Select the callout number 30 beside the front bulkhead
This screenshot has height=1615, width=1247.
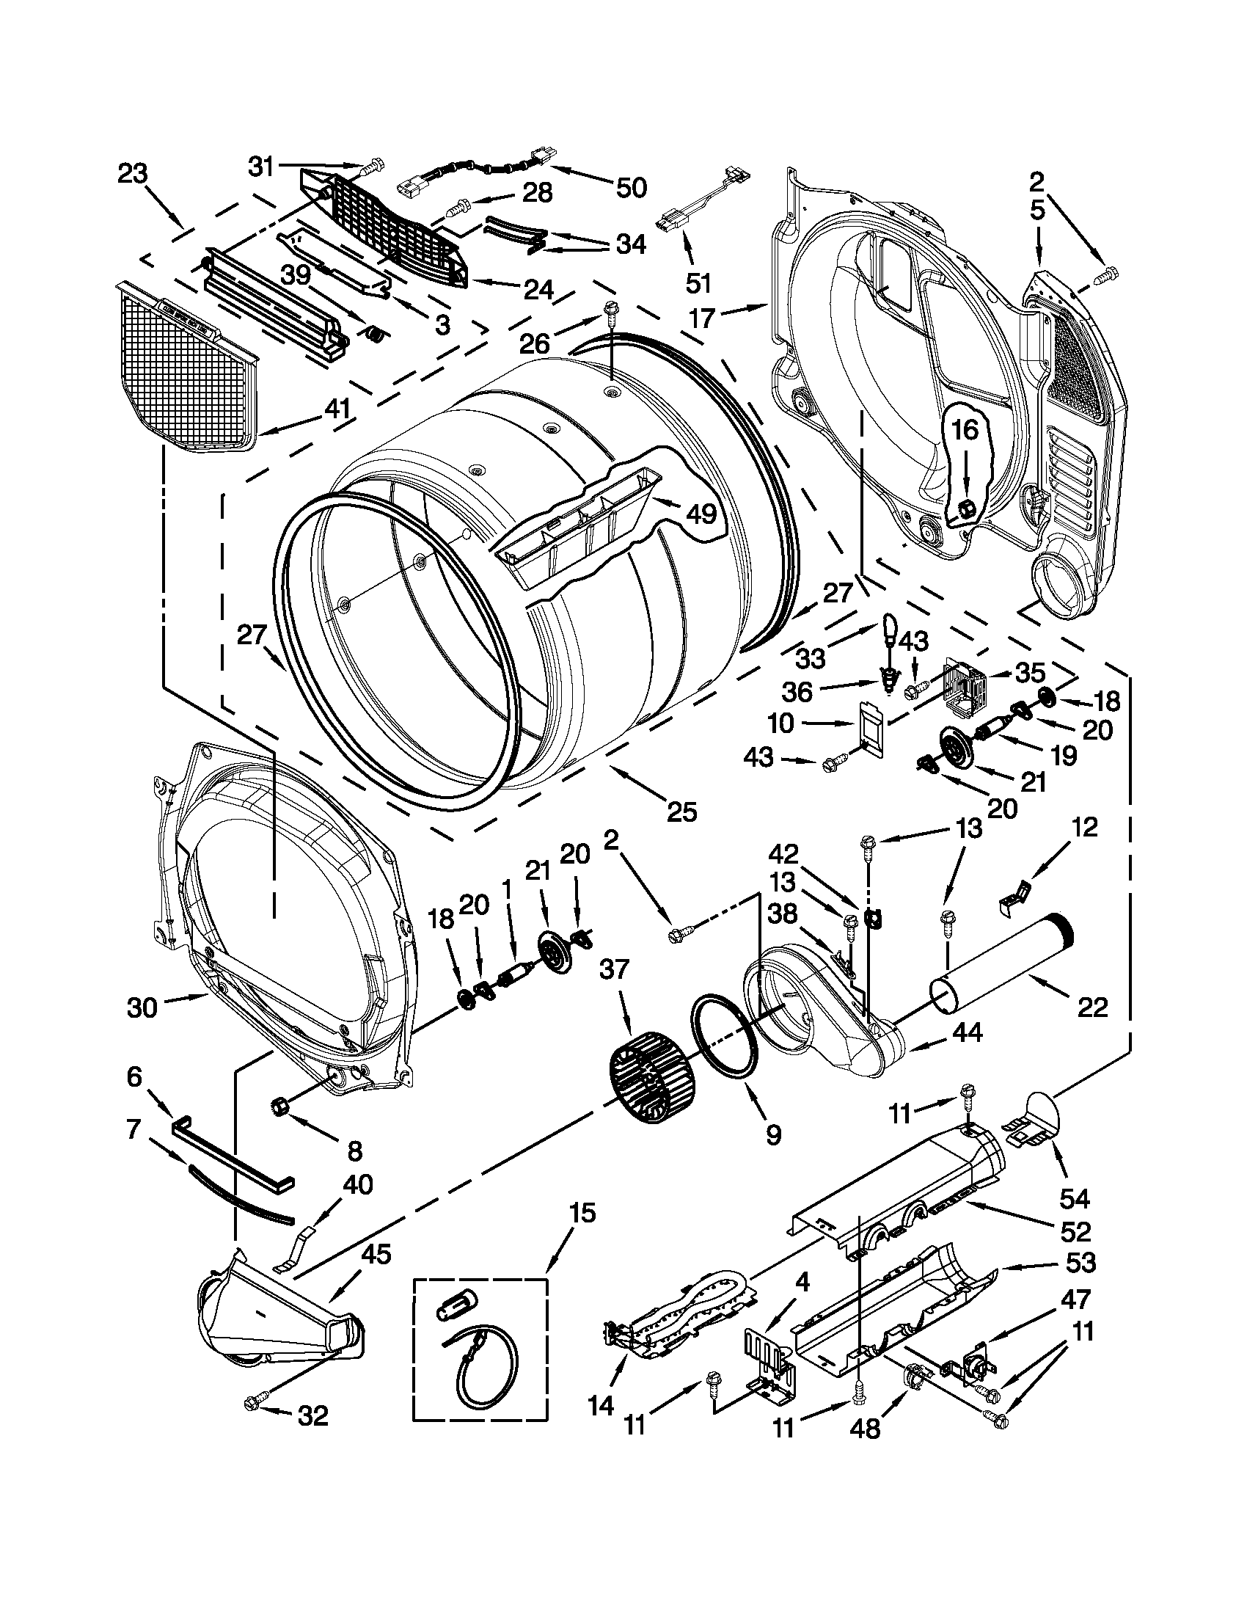(x=142, y=1007)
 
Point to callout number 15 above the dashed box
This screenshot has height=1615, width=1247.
(x=582, y=1213)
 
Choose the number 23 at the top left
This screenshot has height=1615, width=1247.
(x=133, y=175)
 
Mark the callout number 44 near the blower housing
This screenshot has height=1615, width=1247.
(x=967, y=1032)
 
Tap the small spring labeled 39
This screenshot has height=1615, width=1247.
(x=376, y=335)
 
